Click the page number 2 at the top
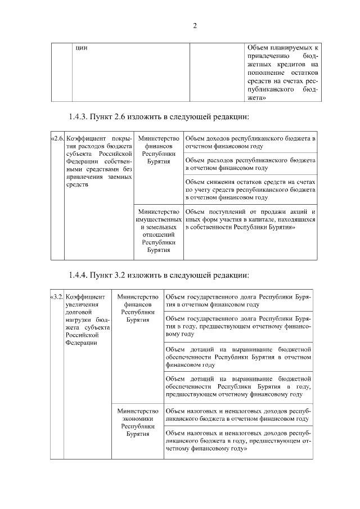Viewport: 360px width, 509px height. click(194, 26)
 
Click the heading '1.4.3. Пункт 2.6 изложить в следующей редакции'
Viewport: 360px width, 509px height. click(159, 117)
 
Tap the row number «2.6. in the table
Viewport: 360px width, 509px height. click(57, 138)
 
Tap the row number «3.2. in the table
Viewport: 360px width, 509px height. click(56, 296)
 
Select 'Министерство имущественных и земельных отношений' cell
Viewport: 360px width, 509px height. click(158, 231)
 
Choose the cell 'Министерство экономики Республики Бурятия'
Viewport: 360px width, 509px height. click(138, 422)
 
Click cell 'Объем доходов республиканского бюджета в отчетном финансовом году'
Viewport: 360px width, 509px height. click(250, 142)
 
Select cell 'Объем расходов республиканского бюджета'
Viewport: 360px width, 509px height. click(250, 164)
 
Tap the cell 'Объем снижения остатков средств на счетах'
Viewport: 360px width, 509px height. click(250, 190)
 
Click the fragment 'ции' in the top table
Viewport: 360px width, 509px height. click(82, 48)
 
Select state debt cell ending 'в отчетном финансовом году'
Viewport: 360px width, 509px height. click(238, 300)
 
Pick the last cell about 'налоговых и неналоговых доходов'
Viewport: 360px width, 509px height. click(238, 442)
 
